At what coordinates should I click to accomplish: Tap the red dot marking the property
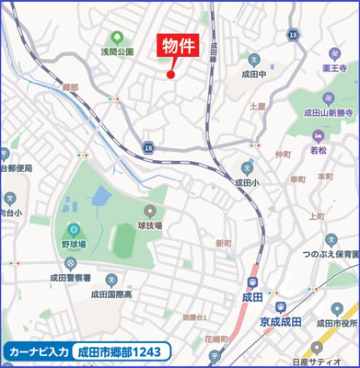[x=170, y=75]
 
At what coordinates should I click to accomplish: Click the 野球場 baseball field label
[x=74, y=246]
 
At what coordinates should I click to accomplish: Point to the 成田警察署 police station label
[x=73, y=277]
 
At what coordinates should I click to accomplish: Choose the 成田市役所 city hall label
[x=336, y=324]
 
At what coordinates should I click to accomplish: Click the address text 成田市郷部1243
[x=121, y=351]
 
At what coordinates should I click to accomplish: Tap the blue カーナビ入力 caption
[x=38, y=351]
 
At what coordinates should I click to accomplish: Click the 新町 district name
[x=223, y=243]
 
